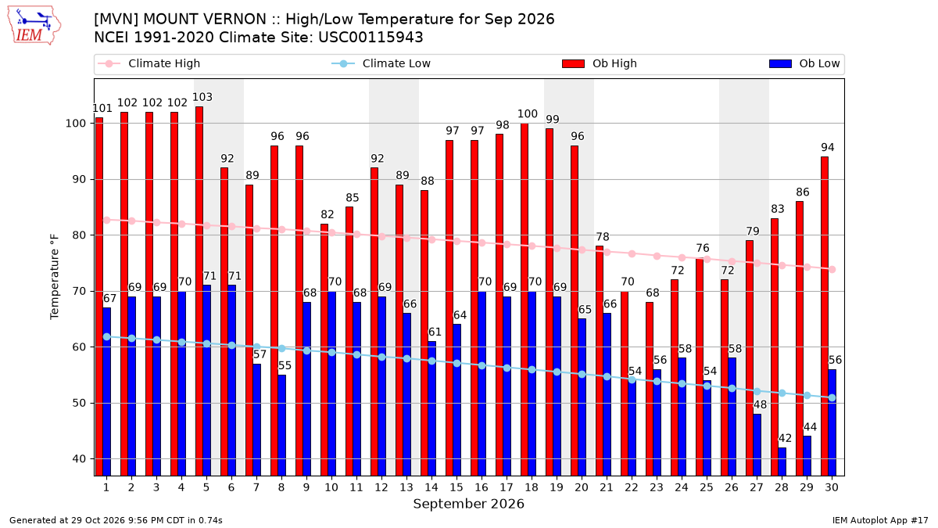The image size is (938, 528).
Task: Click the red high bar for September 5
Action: [199, 291]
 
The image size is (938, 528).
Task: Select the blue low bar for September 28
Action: [782, 462]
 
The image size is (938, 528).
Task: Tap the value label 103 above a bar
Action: [202, 97]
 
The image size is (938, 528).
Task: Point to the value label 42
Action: [785, 438]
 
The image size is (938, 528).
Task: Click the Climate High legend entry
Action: [149, 63]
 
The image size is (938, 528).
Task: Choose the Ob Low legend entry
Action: [804, 63]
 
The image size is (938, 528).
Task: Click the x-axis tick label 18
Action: [532, 488]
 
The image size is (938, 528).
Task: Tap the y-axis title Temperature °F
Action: [55, 277]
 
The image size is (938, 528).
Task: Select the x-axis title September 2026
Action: [468, 504]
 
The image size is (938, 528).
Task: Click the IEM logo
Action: [34, 26]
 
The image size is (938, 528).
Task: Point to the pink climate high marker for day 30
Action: [832, 269]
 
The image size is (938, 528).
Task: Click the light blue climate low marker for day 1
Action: [107, 337]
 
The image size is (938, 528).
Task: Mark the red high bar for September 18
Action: [524, 300]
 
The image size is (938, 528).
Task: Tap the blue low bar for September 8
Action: [282, 426]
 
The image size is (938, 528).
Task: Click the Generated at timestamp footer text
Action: [116, 520]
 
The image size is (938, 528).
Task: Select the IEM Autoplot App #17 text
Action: [880, 520]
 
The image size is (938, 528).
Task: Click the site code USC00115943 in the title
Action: [371, 38]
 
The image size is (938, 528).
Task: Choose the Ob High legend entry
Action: [600, 63]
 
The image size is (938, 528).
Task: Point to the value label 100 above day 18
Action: [527, 114]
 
